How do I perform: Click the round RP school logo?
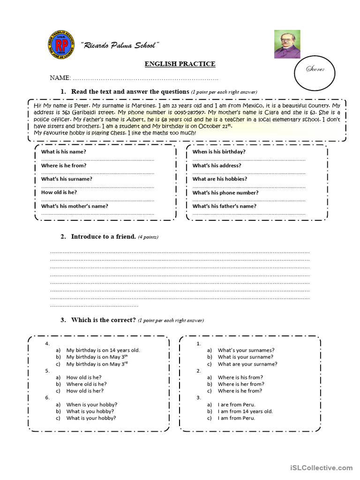[61, 45]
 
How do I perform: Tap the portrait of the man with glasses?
[287, 45]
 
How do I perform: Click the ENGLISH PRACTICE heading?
[180, 64]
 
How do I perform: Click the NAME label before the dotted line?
[60, 77]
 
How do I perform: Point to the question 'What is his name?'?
[64, 152]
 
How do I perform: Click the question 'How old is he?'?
[59, 192]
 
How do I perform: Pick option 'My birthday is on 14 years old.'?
[103, 350]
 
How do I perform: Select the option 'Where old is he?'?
[87, 384]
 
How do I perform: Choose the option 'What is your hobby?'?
[91, 418]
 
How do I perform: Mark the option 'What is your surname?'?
[245, 357]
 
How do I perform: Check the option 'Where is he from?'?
[240, 391]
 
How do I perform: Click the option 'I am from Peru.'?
[236, 418]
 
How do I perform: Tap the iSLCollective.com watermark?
[321, 468]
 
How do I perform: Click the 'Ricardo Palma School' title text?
[120, 45]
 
